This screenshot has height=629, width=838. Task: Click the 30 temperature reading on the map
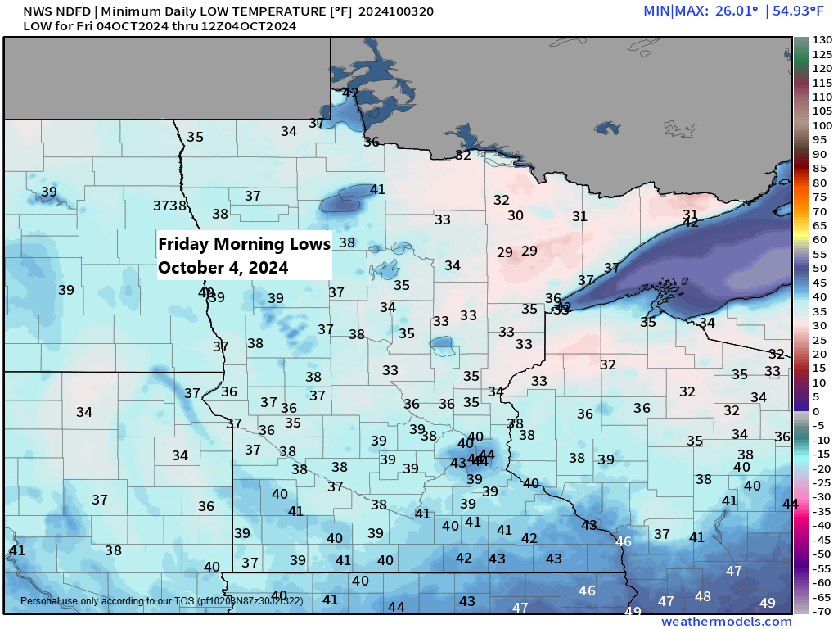(x=516, y=215)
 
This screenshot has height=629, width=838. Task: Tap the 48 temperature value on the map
(x=703, y=596)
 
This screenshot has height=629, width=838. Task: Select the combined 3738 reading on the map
(x=170, y=206)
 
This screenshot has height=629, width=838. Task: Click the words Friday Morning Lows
(x=244, y=244)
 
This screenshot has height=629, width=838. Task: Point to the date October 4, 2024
(x=223, y=268)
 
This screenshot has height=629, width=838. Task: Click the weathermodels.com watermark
(x=726, y=622)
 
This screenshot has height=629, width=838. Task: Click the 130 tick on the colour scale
(x=822, y=39)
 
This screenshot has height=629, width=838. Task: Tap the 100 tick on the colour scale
(x=822, y=125)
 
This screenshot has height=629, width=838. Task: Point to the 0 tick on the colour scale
(x=815, y=411)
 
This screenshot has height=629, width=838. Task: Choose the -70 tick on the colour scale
(x=822, y=611)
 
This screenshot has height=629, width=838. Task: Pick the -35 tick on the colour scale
(x=822, y=511)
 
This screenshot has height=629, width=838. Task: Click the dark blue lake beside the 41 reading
(x=344, y=199)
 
